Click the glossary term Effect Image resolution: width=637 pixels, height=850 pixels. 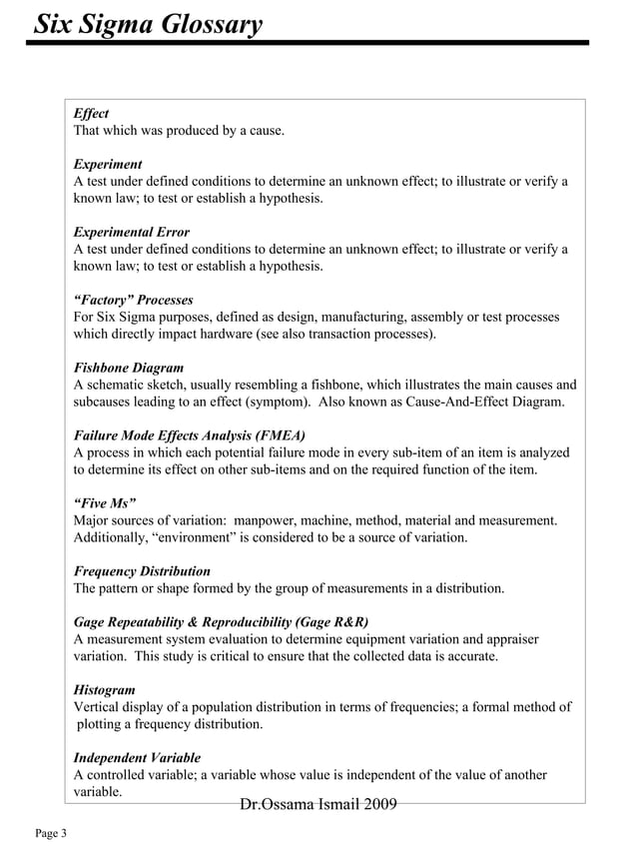(x=91, y=114)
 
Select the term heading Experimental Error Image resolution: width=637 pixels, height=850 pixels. (x=131, y=232)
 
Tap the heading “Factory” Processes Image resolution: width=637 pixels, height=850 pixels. (x=133, y=300)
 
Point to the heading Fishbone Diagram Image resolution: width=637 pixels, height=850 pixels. (x=128, y=368)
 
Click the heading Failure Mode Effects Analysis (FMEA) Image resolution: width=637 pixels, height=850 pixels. (x=190, y=435)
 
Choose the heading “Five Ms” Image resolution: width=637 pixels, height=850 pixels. (x=105, y=503)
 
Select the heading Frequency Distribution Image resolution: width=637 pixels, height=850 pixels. (x=142, y=571)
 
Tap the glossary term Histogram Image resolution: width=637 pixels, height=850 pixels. (x=104, y=689)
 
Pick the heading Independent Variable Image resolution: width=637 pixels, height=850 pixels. (x=137, y=757)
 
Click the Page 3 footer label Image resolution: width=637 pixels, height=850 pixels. (x=51, y=833)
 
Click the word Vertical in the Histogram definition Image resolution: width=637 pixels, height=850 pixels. (x=97, y=706)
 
